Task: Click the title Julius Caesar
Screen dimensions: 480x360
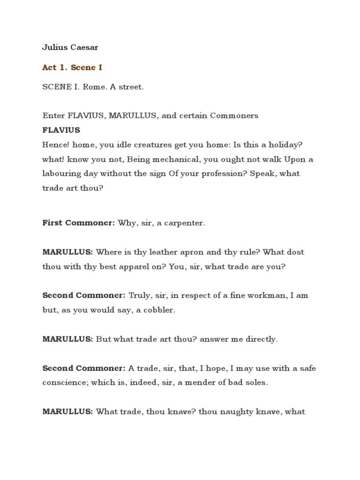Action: [70, 47]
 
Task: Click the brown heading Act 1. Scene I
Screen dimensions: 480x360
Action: [72, 67]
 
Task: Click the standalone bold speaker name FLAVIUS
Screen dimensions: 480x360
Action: [61, 130]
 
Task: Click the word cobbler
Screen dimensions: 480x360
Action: [160, 310]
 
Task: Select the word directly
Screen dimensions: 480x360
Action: [261, 339]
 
